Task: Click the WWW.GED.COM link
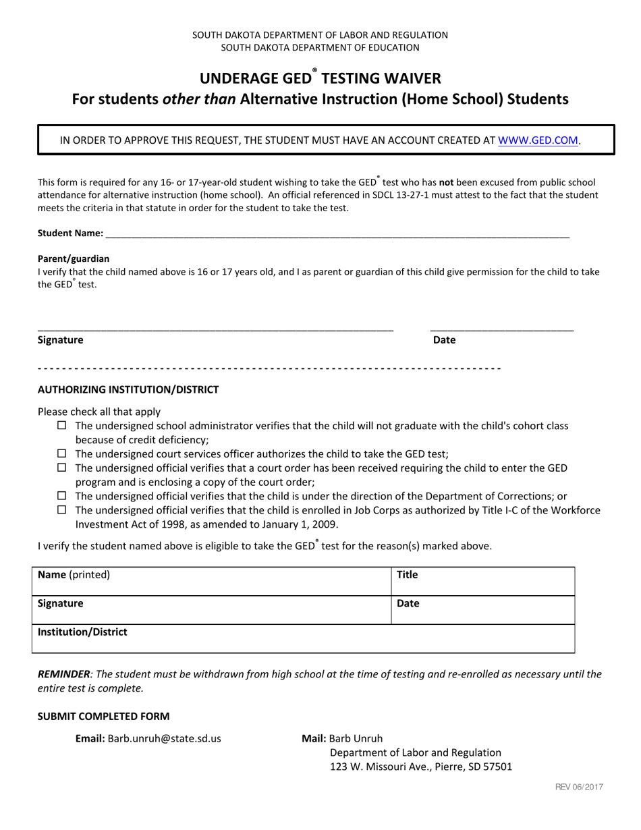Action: (x=538, y=140)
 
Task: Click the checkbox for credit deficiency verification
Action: (x=62, y=426)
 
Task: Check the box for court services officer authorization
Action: (x=62, y=453)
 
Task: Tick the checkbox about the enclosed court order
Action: (x=62, y=468)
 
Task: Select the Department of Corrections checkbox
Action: (x=62, y=496)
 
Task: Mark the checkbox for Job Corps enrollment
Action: (x=62, y=510)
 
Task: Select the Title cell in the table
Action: (x=483, y=581)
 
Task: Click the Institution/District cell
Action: (x=304, y=638)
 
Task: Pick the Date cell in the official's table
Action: (x=483, y=609)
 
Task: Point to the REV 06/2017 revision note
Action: (x=579, y=787)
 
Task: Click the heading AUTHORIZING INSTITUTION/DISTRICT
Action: (x=128, y=389)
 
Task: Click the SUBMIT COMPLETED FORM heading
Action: (x=103, y=716)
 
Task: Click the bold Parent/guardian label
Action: (x=74, y=258)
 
